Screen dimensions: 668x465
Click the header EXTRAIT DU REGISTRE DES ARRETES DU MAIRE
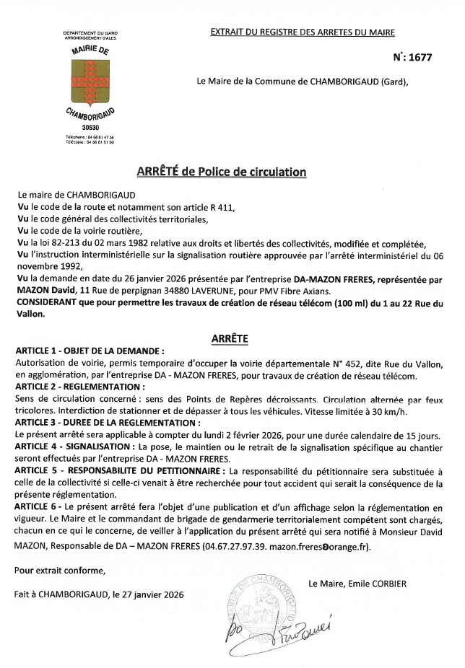303,32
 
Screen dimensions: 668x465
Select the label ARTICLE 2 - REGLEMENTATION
79,387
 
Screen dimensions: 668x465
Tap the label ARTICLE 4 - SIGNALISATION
73,447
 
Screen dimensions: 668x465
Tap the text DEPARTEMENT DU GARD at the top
90,34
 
